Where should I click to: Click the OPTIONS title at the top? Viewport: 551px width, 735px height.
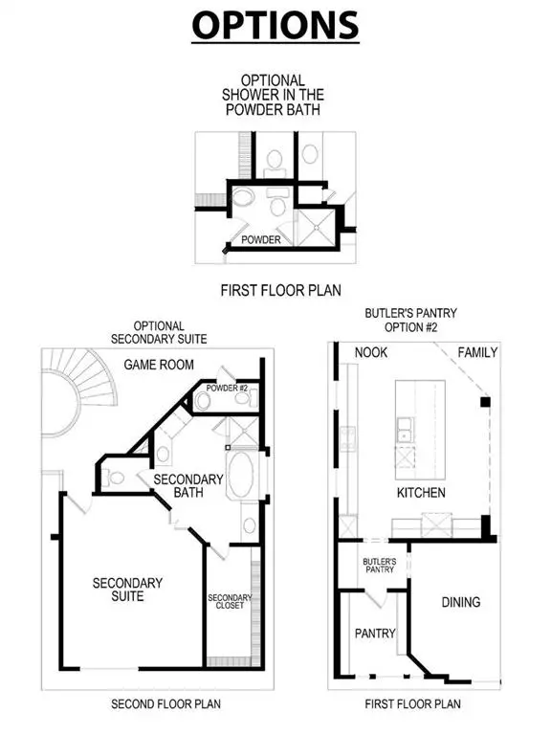(275, 25)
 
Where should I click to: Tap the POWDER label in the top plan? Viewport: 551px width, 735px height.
(260, 239)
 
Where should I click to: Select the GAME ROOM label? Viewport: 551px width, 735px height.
(159, 365)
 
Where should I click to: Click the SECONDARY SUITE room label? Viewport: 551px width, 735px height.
(127, 589)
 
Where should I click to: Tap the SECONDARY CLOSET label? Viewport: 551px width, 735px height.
(229, 603)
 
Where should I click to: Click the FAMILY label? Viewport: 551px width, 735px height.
(476, 352)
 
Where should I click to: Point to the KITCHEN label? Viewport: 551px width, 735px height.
(421, 493)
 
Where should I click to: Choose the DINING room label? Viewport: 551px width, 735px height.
(460, 602)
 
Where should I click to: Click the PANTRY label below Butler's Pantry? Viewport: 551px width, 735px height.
(375, 633)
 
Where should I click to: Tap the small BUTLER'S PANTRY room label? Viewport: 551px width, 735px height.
(378, 567)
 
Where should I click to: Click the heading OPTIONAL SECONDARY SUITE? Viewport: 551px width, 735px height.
(159, 332)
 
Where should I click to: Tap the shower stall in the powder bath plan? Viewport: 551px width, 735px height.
(311, 226)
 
